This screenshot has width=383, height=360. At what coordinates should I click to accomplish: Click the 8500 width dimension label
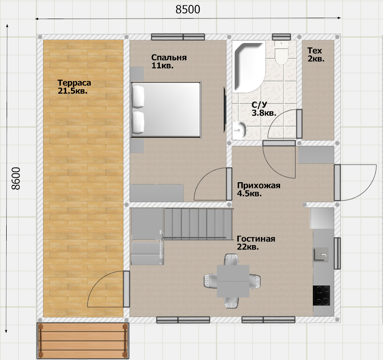point(188,9)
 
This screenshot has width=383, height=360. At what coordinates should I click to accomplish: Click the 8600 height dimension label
point(16,178)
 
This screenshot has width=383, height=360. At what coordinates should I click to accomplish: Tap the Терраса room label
point(74,83)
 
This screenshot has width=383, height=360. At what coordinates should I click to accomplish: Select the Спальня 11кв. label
point(169,61)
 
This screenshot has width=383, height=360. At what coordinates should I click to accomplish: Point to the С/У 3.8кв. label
point(264,109)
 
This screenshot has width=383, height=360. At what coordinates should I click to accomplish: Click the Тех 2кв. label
point(316,55)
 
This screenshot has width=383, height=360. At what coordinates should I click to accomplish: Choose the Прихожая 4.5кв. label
point(258,189)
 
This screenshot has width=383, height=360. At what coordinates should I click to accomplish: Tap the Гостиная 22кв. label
point(256,243)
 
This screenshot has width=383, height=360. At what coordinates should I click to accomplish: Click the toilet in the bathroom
point(281,52)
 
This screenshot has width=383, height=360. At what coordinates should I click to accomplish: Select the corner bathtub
point(248,67)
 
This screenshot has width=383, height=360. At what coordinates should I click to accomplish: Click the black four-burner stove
point(321,295)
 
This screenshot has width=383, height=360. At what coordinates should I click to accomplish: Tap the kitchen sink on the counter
point(321,254)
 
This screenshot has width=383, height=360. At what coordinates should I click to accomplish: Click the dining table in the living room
point(233,281)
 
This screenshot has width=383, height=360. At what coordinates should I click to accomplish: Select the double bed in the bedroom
point(166,110)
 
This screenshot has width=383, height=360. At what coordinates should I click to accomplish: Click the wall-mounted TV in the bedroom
point(225,110)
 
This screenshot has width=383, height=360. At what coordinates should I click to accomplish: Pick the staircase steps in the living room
point(197,223)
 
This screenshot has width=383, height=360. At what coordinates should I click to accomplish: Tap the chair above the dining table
point(231,259)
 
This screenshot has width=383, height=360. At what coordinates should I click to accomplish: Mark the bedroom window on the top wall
point(178,37)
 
